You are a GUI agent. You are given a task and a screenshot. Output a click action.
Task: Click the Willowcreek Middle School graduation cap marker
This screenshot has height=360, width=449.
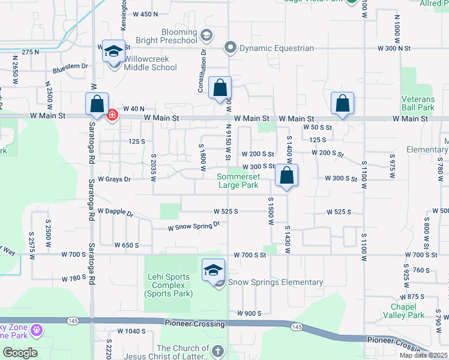tap(112, 51)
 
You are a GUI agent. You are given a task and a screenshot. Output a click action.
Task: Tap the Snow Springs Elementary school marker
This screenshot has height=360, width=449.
tap(213, 270)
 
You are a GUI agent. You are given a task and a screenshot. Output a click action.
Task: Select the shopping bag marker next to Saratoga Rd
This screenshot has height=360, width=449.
tap(97, 104)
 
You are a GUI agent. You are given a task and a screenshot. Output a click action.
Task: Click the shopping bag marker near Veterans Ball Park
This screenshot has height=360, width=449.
tap(342, 103)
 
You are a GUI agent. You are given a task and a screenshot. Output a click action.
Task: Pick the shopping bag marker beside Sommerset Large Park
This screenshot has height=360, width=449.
tap(287, 176)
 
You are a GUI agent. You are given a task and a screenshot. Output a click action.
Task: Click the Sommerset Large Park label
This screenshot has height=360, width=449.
tap(238, 181)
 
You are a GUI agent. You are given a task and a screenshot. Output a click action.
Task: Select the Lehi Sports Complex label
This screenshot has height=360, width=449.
tap(168, 285)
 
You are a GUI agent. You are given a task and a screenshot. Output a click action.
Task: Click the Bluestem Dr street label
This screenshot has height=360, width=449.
tap(71, 67)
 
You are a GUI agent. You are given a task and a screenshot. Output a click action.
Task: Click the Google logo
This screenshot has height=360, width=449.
tap(20, 352)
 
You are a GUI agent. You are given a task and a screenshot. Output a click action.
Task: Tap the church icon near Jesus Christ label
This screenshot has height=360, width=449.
tap(217, 350)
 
